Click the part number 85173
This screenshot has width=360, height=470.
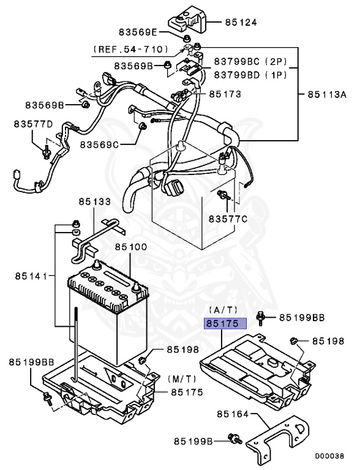pos(225,94)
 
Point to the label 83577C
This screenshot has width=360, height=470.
pos(228,218)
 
